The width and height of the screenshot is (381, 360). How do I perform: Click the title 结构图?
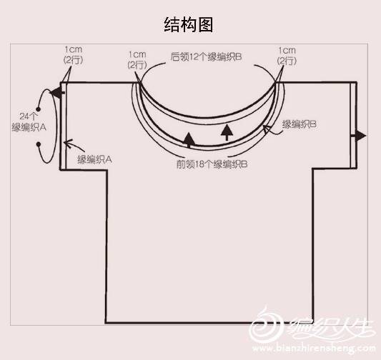coord(189,25)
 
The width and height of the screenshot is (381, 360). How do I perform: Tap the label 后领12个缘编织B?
coord(206,57)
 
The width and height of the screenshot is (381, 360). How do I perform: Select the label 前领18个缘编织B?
coord(212,164)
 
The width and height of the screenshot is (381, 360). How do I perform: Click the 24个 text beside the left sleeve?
coord(28,116)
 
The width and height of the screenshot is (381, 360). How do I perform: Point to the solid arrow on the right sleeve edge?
coord(360,136)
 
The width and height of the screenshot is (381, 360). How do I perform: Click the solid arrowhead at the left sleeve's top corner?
coord(56,92)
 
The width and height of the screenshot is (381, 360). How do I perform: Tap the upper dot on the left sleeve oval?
coord(38,109)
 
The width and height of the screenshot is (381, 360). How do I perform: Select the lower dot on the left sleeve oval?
coord(39,145)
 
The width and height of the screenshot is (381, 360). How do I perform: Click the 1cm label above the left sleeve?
coord(73,50)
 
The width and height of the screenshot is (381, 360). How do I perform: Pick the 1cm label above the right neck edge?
coord(287,51)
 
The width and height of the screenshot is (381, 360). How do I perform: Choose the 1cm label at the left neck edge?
coord(137,54)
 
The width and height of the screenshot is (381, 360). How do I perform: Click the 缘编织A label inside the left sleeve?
coord(94,160)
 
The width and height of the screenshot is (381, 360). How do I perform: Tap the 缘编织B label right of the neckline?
coord(299,124)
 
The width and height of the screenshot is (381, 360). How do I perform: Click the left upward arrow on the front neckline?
coord(189,140)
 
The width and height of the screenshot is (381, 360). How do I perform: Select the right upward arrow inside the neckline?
coord(227,132)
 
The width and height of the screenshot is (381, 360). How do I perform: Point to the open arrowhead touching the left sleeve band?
coord(69,143)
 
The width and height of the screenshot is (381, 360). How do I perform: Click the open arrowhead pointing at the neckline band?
coord(267,129)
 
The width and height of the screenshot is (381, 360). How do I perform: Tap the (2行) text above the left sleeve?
coord(73,60)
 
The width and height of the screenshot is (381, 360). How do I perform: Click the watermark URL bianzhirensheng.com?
coord(314,349)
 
